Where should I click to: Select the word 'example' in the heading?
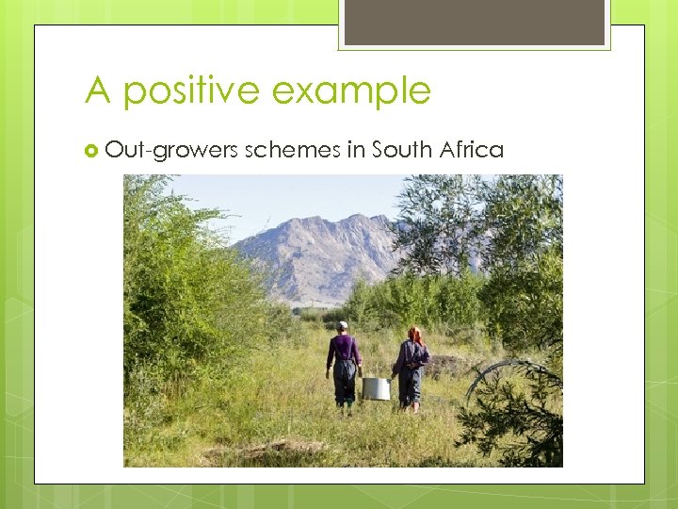(x=351, y=91)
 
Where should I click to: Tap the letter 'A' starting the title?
(x=99, y=91)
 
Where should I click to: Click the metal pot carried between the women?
(x=376, y=388)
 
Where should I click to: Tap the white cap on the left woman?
(x=343, y=325)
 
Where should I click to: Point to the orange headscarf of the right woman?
(x=413, y=334)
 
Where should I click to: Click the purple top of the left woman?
(x=344, y=351)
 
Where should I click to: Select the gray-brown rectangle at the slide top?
(x=474, y=22)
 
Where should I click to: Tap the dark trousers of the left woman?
(x=345, y=382)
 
